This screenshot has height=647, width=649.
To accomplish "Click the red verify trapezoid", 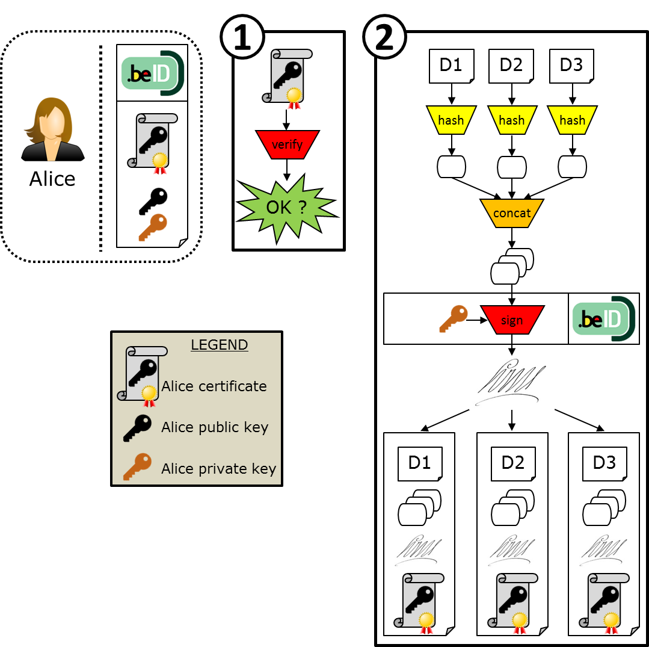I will pos(287,144).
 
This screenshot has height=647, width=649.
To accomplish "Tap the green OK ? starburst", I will pos(287,208).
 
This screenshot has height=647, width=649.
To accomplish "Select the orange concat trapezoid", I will pos(512,213).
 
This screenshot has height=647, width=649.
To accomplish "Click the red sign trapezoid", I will pos(512,320).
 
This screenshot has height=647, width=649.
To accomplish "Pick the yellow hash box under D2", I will pos(512,120).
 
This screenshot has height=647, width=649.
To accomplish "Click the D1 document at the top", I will pos(451,66).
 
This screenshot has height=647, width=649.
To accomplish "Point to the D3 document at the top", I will pos(571,66).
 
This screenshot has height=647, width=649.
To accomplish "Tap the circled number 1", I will pos(242,37).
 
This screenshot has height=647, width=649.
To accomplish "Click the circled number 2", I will pos(384,37).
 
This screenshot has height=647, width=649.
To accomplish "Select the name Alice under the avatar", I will pos(52,179).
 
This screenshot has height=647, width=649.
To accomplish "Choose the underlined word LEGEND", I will pos(219,345).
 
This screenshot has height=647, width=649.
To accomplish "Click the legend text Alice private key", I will pos(218,469).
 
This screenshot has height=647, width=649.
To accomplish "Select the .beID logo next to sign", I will pos(603,318).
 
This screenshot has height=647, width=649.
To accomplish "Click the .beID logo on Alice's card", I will pos(152,73).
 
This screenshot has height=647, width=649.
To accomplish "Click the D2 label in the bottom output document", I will pos(512,462).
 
